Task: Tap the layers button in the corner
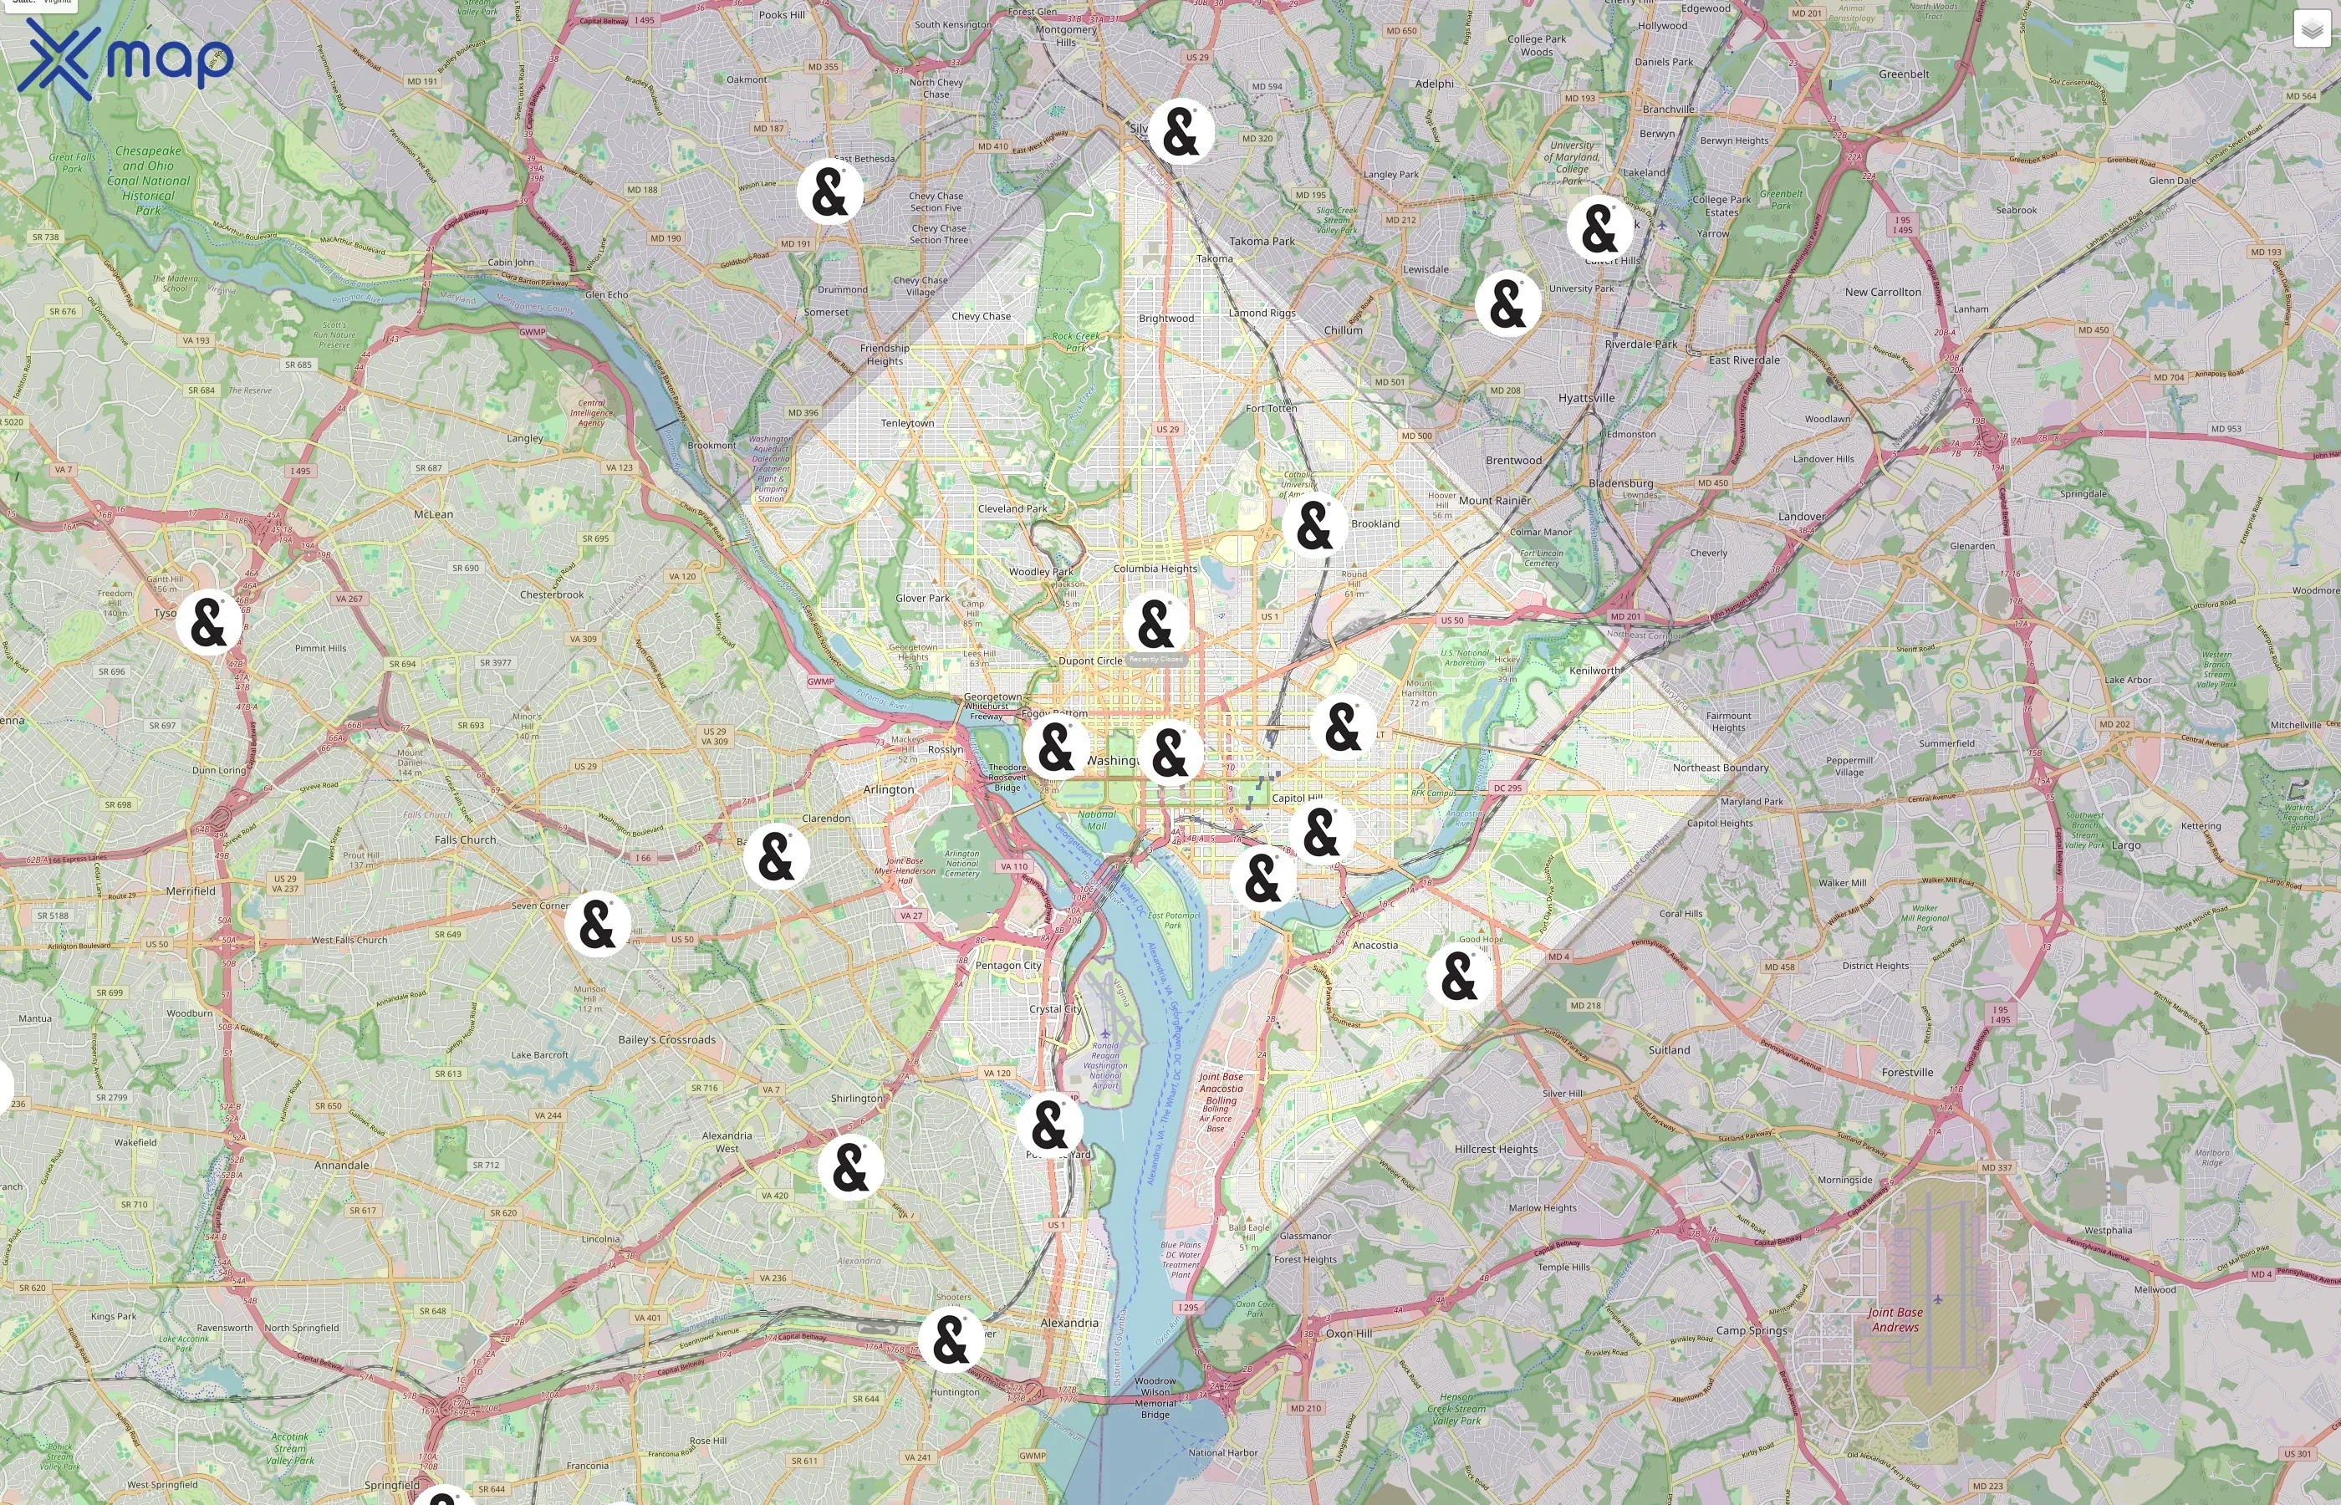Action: [2311, 29]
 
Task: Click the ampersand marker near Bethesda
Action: [829, 191]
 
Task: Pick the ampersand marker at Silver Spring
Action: [1181, 132]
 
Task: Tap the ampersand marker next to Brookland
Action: [1314, 526]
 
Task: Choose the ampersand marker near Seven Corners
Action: [597, 924]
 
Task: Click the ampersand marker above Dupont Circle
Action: [1155, 624]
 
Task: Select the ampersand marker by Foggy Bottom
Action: [1055, 747]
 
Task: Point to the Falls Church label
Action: [465, 839]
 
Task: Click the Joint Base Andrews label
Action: [1895, 1319]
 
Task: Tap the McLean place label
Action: [433, 514]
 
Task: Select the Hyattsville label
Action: [1587, 398]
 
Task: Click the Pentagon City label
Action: [1008, 966]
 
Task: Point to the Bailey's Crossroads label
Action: [666, 1040]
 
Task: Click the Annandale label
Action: [342, 1165]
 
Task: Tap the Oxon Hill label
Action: [1349, 1333]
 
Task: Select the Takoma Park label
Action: [1262, 242]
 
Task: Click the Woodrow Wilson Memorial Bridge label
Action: [1155, 1397]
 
